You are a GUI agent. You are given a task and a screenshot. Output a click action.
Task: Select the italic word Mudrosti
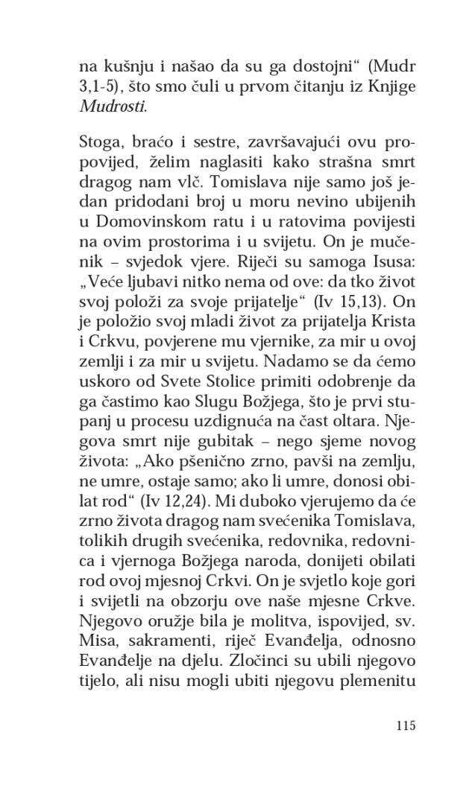pyautogui.click(x=112, y=107)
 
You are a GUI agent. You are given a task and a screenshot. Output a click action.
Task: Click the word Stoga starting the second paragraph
pyautogui.click(x=101, y=144)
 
